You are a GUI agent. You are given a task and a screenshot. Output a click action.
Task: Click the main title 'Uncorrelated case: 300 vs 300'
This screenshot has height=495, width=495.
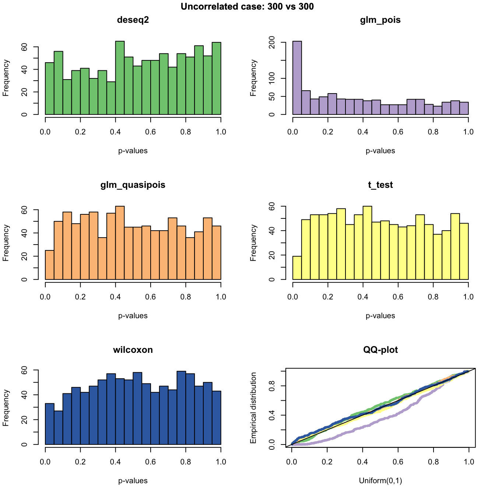[247, 6]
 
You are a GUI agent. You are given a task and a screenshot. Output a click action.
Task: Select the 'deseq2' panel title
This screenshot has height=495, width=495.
[133, 20]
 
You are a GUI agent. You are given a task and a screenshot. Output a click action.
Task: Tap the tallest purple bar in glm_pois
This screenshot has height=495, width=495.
[297, 78]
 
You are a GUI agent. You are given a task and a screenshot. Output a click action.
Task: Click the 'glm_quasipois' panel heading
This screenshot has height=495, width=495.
[133, 185]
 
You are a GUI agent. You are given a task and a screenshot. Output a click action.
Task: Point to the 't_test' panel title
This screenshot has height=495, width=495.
[380, 185]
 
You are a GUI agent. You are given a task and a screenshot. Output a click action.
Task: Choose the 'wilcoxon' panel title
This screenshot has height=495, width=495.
[133, 350]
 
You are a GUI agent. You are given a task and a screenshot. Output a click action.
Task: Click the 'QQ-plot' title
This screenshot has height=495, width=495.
[380, 350]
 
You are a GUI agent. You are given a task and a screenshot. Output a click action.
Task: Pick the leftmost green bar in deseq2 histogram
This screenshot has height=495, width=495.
[50, 88]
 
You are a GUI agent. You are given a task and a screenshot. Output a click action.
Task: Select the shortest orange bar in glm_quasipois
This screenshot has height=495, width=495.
[50, 265]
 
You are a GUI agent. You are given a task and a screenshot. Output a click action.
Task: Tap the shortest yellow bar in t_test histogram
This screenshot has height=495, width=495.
[297, 268]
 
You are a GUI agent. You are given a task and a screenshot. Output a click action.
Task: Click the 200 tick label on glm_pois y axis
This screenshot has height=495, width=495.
[273, 43]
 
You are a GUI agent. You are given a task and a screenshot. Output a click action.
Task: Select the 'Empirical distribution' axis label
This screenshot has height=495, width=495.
[253, 408]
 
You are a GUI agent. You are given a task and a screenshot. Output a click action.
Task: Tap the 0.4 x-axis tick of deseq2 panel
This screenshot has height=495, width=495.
[116, 132]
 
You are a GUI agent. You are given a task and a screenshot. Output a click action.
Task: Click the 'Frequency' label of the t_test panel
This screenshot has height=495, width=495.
[253, 243]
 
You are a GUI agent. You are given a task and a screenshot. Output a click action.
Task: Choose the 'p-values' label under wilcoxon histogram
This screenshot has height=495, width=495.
[133, 481]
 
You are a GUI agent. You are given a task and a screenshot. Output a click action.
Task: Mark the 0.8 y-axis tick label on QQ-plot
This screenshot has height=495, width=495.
[273, 386]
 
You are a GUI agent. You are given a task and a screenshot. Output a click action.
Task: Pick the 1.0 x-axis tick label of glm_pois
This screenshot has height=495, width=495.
[468, 132]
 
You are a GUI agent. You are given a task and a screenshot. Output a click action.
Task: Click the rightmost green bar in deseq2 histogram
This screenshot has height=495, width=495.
[217, 78]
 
